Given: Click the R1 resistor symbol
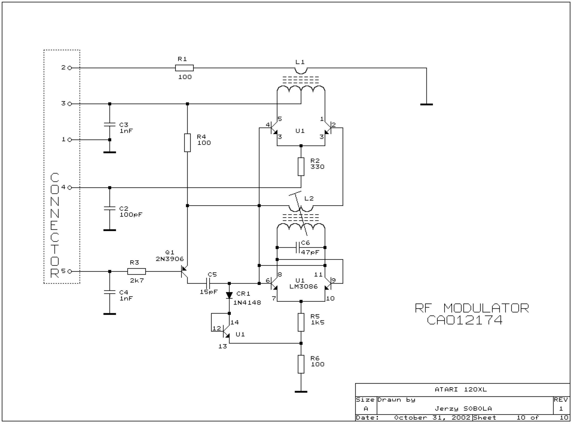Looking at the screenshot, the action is pyautogui.click(x=184, y=68).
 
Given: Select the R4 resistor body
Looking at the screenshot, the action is pyautogui.click(x=187, y=143).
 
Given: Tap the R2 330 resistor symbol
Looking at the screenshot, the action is pyautogui.click(x=301, y=167).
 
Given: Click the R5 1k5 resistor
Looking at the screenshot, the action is pyautogui.click(x=301, y=322).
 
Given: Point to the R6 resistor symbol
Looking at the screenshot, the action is pyautogui.click(x=301, y=364).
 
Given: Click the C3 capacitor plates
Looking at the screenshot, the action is pyautogui.click(x=110, y=125).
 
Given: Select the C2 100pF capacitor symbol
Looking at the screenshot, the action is pyautogui.click(x=110, y=208).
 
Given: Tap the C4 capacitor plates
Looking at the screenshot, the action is pyautogui.click(x=110, y=292).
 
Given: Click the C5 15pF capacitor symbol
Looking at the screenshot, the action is pyautogui.click(x=208, y=283).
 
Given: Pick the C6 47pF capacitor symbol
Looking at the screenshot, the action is pyautogui.click(x=298, y=248).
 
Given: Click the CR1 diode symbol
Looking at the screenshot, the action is pyautogui.click(x=229, y=295).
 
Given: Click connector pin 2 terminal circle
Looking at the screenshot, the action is pyautogui.click(x=70, y=68).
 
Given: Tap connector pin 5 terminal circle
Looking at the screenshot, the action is pyautogui.click(x=70, y=272).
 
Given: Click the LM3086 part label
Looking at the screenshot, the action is pyautogui.click(x=304, y=287).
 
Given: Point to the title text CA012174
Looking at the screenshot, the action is pyautogui.click(x=464, y=320).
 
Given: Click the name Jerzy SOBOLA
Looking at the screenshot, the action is pyautogui.click(x=463, y=408).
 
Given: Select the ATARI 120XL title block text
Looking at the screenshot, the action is pyautogui.click(x=461, y=390).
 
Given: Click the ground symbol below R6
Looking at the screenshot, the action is pyautogui.click(x=301, y=392).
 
